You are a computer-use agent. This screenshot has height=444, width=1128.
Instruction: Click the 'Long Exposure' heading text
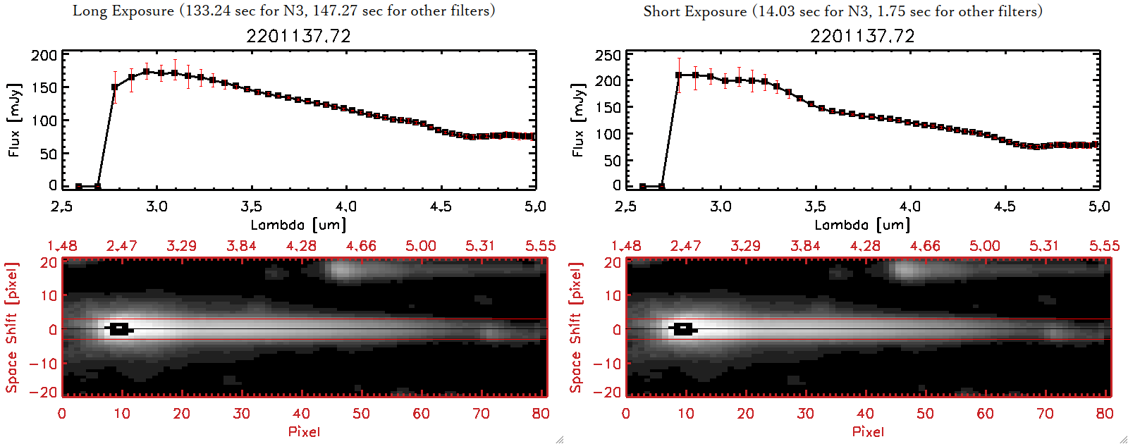pos(123,11)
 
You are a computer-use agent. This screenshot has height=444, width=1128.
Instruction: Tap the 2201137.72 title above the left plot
pos(298,36)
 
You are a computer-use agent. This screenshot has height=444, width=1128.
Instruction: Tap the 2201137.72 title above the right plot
pos(862,36)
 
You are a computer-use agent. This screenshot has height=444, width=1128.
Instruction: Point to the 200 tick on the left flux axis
pos(44,55)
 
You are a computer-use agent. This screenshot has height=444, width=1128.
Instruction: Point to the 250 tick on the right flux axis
pos(608,55)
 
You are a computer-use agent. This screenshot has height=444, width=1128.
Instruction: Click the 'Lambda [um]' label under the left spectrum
pos(298,225)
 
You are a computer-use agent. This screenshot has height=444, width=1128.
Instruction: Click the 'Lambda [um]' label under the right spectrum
pos(862,225)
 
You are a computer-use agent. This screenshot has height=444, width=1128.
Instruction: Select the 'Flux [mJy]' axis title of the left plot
pos(14,120)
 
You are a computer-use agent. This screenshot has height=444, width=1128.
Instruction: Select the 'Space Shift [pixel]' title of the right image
pos(576,328)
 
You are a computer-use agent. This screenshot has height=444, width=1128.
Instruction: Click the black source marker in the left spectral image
pos(119,329)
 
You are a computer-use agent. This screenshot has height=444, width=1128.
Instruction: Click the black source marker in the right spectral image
pos(682,329)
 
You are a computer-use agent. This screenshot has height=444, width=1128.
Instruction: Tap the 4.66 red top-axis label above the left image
pos(361,246)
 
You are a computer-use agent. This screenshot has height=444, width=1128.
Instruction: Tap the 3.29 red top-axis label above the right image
pos(745,246)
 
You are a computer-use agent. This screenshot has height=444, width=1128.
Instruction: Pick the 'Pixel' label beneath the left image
pos(304,431)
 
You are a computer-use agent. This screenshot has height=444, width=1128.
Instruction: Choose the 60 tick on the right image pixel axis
pos(985,414)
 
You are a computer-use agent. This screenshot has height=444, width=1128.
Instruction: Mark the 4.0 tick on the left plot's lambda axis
pos(345,206)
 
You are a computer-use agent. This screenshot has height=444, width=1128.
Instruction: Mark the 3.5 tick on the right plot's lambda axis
pos(815,206)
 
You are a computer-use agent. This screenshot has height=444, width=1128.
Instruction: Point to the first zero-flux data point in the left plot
pos(79,187)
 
